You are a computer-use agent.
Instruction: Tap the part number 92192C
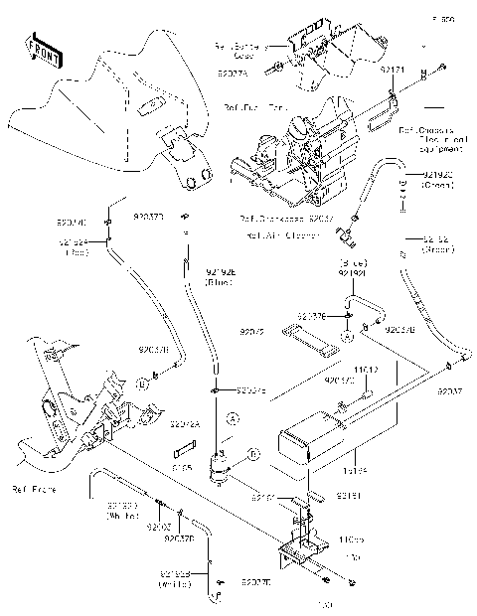pyautogui.click(x=437, y=179)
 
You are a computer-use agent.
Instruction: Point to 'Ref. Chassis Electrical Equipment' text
pyautogui.click(x=431, y=140)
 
